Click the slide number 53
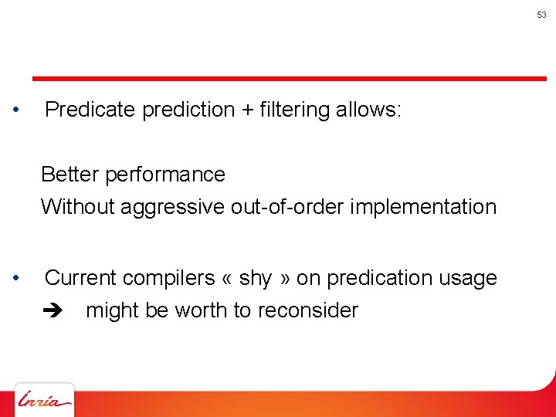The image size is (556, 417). [x=542, y=15]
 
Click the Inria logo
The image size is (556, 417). [x=45, y=401]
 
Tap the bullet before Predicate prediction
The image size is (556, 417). [x=17, y=110]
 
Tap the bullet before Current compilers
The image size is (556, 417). [x=17, y=278]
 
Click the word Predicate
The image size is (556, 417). [x=90, y=110]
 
